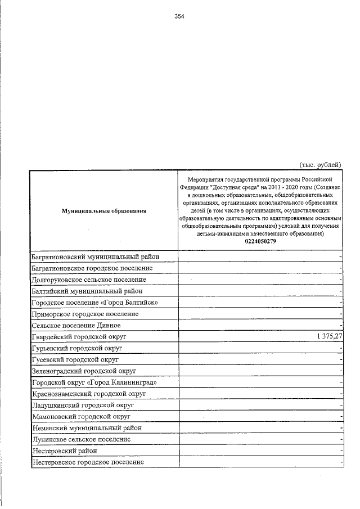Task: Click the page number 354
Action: point(179,16)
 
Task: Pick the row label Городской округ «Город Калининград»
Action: point(94,382)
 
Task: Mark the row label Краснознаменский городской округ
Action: point(89,393)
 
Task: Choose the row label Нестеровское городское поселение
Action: point(88,462)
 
